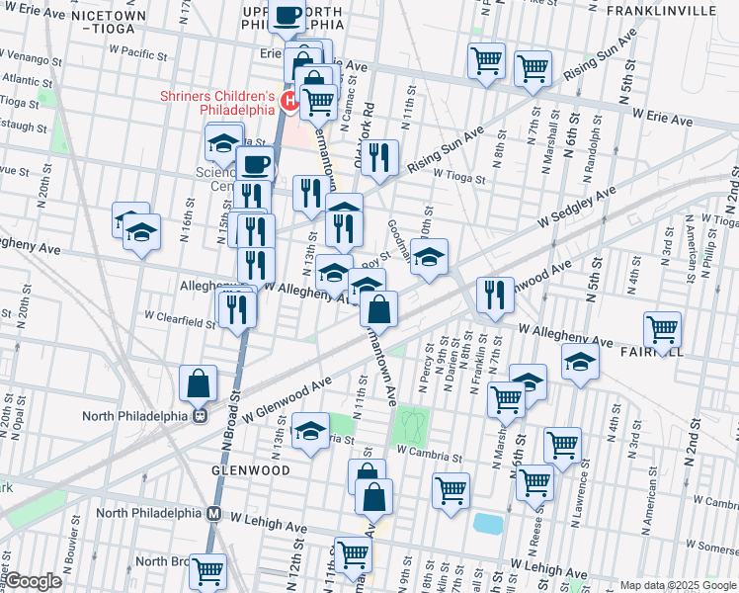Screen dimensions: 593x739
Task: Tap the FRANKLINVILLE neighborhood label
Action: pos(675,10)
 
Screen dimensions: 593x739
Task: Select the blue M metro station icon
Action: pos(213,513)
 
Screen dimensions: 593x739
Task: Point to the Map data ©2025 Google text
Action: pos(678,585)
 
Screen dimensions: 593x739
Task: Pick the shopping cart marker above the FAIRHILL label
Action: pos(661,328)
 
